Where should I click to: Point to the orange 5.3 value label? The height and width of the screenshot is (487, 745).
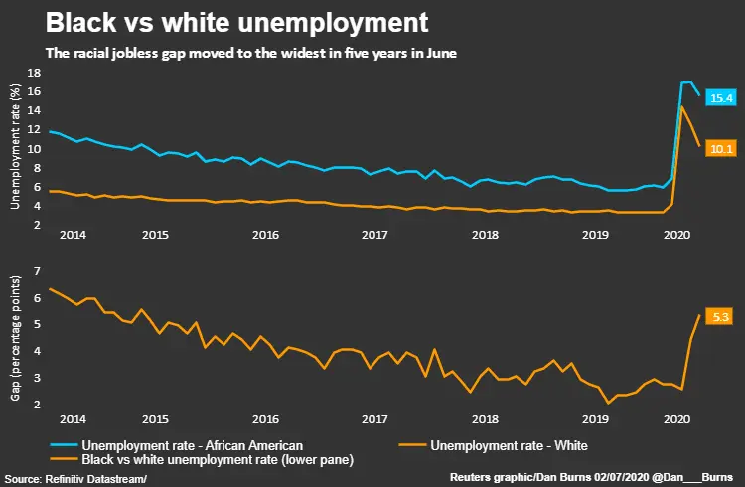click(x=721, y=316)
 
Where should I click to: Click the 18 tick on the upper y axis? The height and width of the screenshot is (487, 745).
click(x=33, y=73)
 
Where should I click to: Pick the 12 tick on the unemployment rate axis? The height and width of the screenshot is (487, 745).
click(x=33, y=130)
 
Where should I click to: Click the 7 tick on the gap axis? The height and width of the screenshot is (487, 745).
click(x=36, y=271)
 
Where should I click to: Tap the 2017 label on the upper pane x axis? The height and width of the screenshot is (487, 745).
click(x=373, y=235)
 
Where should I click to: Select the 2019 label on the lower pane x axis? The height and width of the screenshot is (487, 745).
click(x=594, y=419)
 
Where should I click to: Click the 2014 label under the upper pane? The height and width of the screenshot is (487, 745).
click(x=71, y=235)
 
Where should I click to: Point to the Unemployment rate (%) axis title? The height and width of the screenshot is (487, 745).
click(x=14, y=149)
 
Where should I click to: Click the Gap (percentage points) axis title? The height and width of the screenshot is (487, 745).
click(x=14, y=338)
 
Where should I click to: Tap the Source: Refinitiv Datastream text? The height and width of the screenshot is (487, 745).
click(x=74, y=479)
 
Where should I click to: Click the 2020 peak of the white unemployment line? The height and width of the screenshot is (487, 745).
click(x=681, y=106)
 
